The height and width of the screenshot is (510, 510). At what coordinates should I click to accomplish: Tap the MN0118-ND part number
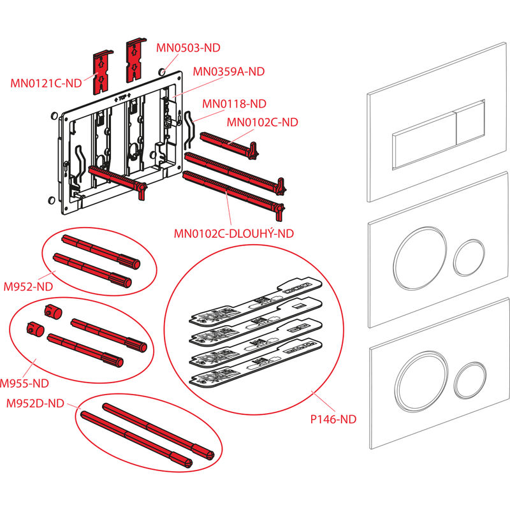(234, 103)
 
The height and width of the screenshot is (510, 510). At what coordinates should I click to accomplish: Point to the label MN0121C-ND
(46, 82)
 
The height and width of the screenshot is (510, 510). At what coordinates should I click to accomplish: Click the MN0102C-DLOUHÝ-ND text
(234, 233)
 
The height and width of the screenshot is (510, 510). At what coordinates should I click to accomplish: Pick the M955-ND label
(24, 384)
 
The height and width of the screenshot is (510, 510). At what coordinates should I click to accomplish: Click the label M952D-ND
(34, 403)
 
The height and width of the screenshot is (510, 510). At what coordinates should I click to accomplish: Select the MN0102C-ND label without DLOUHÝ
(263, 122)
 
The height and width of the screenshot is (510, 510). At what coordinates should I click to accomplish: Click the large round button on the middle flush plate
(416, 256)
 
